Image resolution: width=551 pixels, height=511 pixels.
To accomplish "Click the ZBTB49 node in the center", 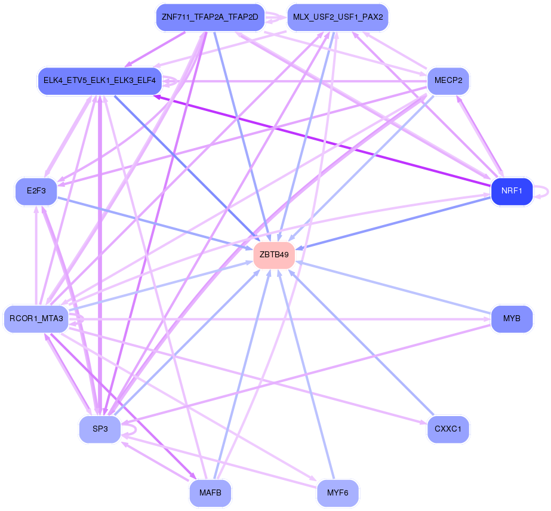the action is [274, 255].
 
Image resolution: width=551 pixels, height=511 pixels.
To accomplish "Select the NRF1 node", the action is [512, 191].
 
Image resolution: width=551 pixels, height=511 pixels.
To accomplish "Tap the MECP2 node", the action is [448, 81].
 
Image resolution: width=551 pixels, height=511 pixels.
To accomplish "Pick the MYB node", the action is [512, 319].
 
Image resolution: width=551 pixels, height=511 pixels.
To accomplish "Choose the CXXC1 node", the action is [448, 429].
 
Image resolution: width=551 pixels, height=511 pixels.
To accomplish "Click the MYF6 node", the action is [338, 492].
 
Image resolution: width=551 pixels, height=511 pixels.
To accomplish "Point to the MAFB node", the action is [210, 492].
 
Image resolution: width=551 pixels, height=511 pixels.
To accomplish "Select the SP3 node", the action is [100, 429].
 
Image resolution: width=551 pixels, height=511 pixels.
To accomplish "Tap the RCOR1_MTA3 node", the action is [36, 319].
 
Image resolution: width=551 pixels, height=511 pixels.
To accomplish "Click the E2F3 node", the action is [36, 191].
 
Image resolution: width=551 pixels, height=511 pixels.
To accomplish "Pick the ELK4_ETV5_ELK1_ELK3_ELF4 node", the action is [100, 81].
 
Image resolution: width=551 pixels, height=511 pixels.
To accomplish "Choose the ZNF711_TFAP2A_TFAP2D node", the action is [210, 17].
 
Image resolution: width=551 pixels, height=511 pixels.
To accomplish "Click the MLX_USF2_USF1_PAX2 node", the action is [338, 17].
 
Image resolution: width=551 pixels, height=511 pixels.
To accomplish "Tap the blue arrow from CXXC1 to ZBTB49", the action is [361, 342].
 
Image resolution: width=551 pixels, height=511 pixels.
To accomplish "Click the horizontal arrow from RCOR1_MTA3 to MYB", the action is [279, 319].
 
